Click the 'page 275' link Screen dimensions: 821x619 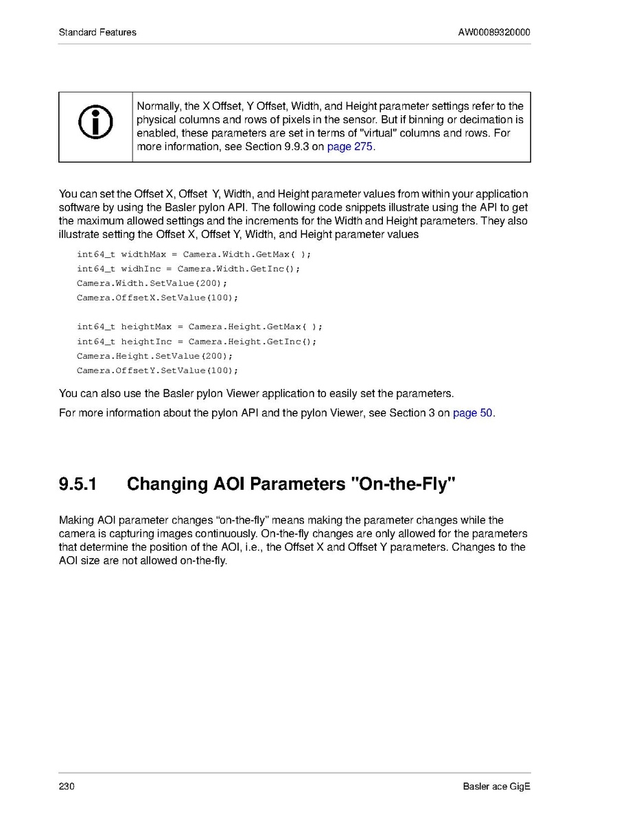[x=351, y=147]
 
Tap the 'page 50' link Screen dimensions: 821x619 [x=473, y=413]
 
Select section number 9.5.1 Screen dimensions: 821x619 [x=78, y=484]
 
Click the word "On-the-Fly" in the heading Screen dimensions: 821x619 [x=403, y=484]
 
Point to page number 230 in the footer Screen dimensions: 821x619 [x=67, y=786]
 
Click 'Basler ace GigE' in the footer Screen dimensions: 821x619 [x=496, y=786]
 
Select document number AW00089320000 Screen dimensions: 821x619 [x=494, y=32]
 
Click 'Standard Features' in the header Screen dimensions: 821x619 [x=97, y=32]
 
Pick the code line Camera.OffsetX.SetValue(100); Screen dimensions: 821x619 [x=157, y=298]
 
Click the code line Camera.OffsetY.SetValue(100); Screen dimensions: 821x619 [x=157, y=370]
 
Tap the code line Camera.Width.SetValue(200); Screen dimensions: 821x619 [x=152, y=283]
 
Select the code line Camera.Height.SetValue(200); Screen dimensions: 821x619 [x=154, y=356]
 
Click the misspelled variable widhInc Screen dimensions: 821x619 [x=141, y=269]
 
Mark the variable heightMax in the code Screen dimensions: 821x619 [x=146, y=326]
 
